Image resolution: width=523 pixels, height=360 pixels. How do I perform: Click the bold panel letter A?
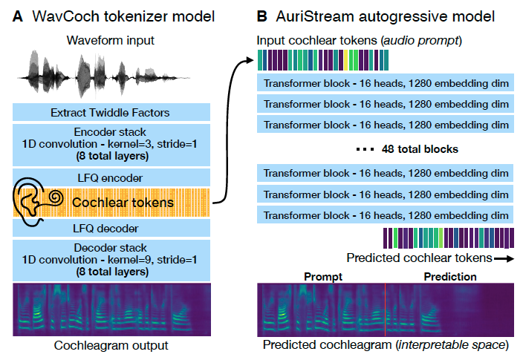pyautogui.click(x=17, y=15)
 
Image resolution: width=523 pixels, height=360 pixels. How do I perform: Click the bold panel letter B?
pyautogui.click(x=261, y=15)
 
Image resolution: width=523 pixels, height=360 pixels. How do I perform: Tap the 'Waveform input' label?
pyautogui.click(x=111, y=39)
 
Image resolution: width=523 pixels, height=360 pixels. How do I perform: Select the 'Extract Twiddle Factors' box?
pyautogui.click(x=111, y=112)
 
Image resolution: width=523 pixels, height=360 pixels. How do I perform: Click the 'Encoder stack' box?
pyautogui.click(x=111, y=144)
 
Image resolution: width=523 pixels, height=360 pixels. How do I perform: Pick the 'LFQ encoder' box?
pyautogui.click(x=111, y=177)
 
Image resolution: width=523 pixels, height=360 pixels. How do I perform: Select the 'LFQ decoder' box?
pyautogui.click(x=111, y=228)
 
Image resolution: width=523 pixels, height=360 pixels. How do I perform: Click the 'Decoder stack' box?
pyautogui.click(x=111, y=259)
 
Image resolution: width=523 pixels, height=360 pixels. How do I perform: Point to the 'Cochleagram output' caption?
pyautogui.click(x=111, y=345)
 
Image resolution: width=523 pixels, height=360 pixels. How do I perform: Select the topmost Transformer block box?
pyautogui.click(x=386, y=83)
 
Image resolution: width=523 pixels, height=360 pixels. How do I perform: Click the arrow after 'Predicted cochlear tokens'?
pyautogui.click(x=504, y=258)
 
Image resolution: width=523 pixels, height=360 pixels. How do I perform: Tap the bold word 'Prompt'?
pyautogui.click(x=323, y=277)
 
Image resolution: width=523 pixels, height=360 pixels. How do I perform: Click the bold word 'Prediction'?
pyautogui.click(x=450, y=277)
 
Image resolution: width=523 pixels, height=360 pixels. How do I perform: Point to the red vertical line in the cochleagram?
pyautogui.click(x=386, y=309)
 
